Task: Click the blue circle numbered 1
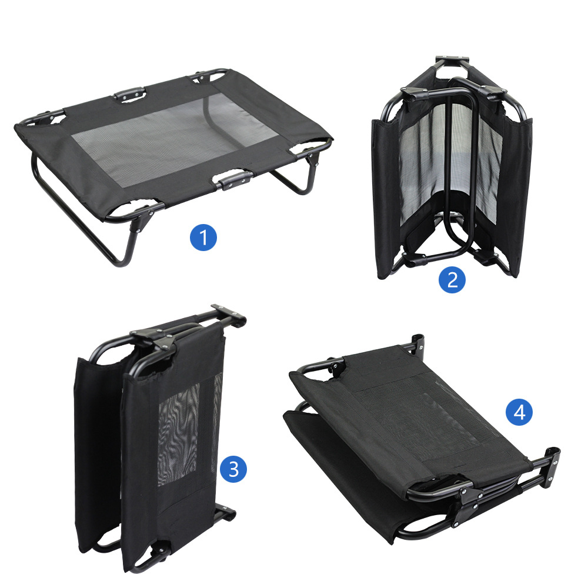(x=203, y=238)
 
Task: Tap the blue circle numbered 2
(x=452, y=280)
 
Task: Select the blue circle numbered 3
(x=233, y=469)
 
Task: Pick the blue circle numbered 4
(x=519, y=413)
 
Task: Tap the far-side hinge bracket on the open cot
(x=129, y=94)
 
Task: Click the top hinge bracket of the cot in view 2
(x=452, y=61)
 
